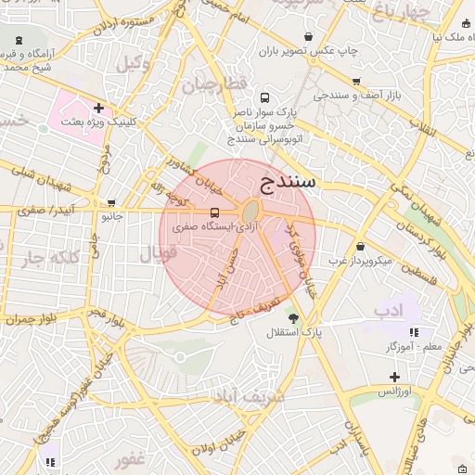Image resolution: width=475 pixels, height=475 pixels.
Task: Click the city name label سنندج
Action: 289,181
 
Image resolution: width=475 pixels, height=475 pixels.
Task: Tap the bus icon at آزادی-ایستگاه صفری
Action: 215,212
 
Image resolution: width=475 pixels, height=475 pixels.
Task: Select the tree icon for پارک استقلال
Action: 294,318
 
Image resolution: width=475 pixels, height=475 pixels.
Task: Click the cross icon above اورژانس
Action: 395,377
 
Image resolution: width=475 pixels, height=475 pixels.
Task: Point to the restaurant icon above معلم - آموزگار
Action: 414,331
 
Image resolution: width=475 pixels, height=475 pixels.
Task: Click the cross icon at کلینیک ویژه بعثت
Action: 98,108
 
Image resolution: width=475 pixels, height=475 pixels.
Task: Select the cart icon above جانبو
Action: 112,202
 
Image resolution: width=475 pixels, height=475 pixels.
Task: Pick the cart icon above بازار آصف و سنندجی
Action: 356,81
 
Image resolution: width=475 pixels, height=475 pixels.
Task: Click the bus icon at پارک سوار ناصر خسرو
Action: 266,97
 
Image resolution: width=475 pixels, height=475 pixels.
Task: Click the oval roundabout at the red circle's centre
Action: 251,212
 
